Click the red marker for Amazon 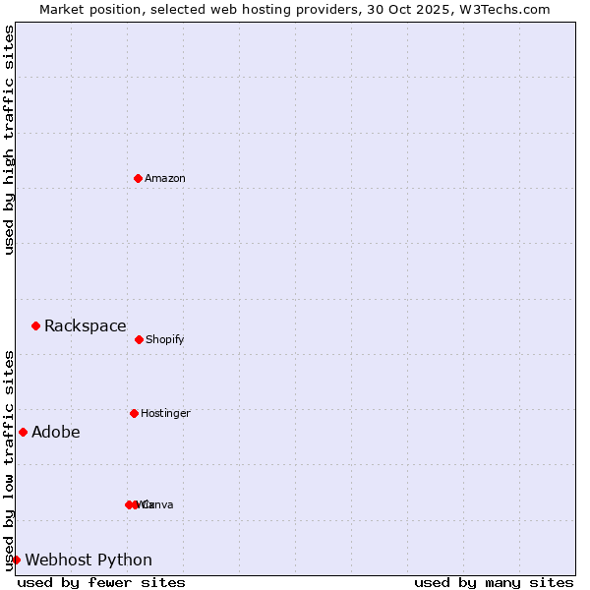tap(138, 178)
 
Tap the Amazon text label tap(165, 178)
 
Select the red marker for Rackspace tap(35, 325)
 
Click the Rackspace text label tap(86, 326)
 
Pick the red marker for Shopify tap(139, 339)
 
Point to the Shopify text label tap(165, 339)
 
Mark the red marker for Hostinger tap(134, 413)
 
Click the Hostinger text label tap(165, 413)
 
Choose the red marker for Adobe tap(23, 432)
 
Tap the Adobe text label tap(56, 433)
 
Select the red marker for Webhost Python tap(16, 560)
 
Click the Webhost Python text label tap(88, 560)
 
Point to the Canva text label tap(159, 504)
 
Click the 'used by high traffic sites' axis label tap(9, 140)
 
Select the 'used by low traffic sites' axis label tap(9, 460)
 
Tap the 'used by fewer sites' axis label tap(101, 582)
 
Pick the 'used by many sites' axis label tap(494, 582)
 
